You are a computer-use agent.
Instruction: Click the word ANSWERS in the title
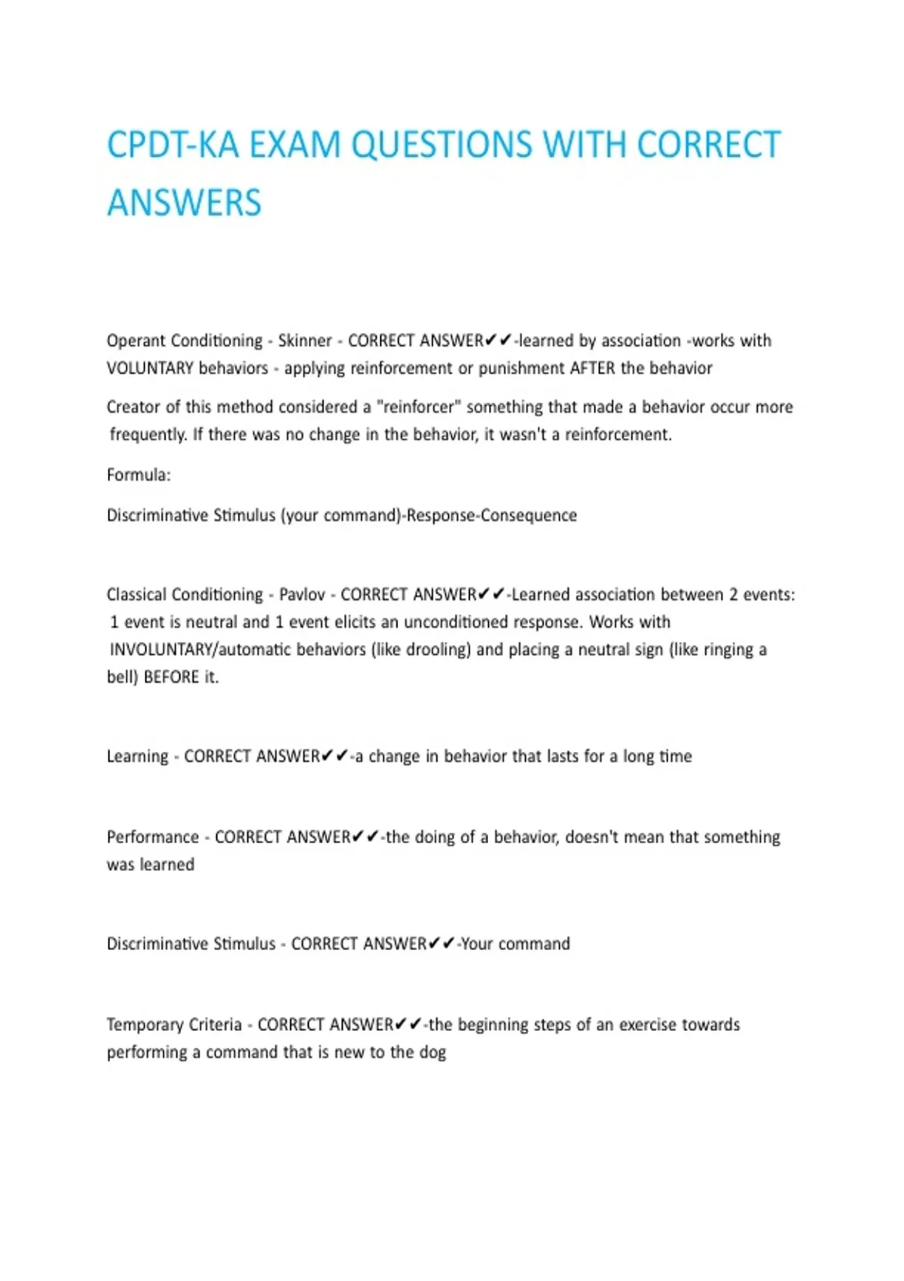coord(184,203)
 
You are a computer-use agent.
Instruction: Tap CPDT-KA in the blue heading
coord(173,145)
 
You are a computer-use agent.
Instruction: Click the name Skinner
coord(304,341)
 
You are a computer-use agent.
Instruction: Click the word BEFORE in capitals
coord(171,677)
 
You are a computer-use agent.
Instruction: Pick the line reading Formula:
coord(139,475)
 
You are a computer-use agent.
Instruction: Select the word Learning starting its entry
coord(137,757)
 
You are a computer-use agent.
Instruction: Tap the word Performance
coord(152,837)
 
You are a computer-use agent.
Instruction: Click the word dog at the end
coord(432,1053)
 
